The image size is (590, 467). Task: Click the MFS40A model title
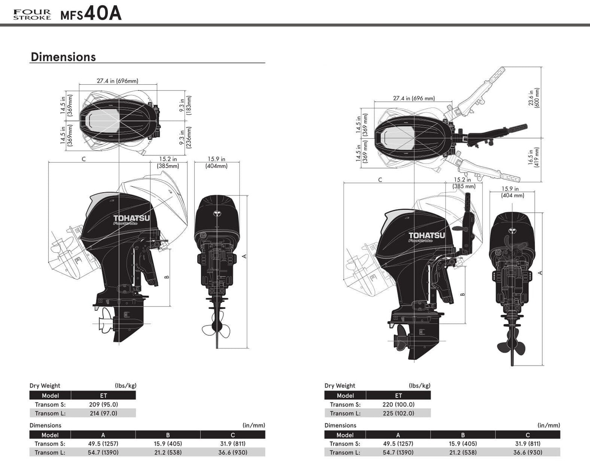click(x=91, y=13)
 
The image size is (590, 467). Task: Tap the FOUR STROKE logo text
click(x=32, y=15)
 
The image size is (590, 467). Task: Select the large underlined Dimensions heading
click(x=63, y=57)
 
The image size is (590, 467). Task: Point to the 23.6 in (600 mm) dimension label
click(x=534, y=98)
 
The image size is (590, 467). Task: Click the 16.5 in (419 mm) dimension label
click(x=534, y=157)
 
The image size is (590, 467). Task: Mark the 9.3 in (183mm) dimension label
click(x=185, y=105)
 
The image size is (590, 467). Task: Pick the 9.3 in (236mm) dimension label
click(x=185, y=137)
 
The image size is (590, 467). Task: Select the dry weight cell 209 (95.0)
click(x=103, y=404)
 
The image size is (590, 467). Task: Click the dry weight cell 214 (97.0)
click(x=103, y=413)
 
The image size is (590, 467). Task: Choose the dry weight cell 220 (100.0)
click(x=399, y=404)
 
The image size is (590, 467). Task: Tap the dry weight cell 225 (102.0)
click(x=399, y=413)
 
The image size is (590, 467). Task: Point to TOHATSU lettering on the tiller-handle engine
click(x=427, y=236)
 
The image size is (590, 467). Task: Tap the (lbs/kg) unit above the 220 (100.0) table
click(x=419, y=386)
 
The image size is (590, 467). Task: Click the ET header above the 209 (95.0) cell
click(x=103, y=395)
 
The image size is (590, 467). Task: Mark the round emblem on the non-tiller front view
click(x=216, y=213)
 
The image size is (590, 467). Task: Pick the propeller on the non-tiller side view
click(x=105, y=321)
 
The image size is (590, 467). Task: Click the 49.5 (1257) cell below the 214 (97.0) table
click(x=103, y=444)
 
